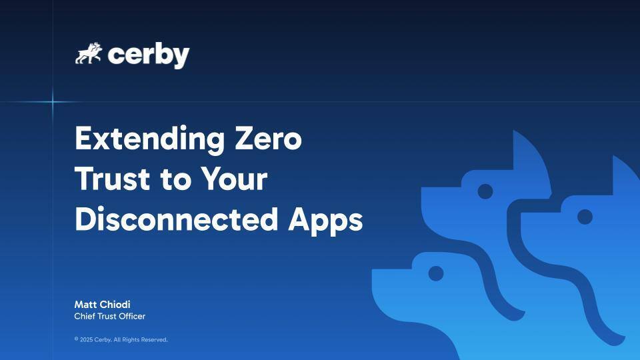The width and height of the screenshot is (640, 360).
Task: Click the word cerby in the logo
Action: (x=148, y=55)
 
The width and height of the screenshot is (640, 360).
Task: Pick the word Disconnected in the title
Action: (x=175, y=220)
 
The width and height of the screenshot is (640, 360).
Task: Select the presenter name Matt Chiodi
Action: (x=102, y=305)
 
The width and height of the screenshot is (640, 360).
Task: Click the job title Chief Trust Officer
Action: (x=109, y=317)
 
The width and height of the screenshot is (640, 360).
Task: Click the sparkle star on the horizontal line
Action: (x=53, y=101)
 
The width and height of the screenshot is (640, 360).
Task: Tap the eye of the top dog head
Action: (x=485, y=191)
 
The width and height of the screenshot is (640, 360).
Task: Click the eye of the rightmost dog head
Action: (x=585, y=217)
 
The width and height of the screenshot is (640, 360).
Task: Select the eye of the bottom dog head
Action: (x=435, y=273)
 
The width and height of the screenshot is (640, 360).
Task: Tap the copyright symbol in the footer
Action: (x=76, y=339)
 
